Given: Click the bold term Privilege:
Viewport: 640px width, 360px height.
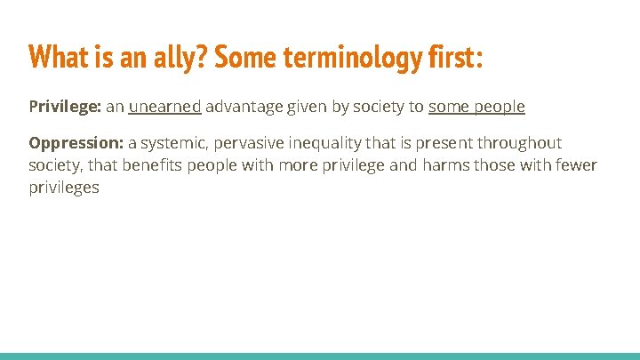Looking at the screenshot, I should click(65, 108).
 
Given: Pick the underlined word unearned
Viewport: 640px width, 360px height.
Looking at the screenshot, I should click(164, 108).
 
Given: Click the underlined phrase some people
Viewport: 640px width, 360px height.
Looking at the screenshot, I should click(476, 108).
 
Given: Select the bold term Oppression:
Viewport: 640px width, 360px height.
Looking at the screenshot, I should click(74, 143).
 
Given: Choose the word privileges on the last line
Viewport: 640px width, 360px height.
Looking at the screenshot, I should click(64, 188).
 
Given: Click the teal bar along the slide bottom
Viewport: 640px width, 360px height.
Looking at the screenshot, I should click(320, 356).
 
